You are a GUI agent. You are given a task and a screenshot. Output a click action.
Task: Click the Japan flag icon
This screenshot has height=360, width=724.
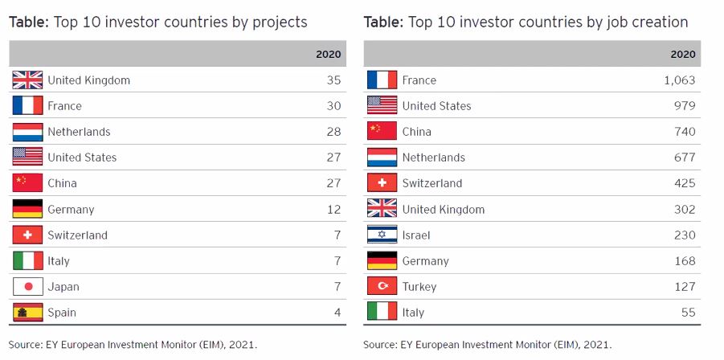tap(27, 287)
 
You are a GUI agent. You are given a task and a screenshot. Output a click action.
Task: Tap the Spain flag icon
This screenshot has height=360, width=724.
tap(27, 313)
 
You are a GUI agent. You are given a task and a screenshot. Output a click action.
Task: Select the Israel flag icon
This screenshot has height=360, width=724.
tap(382, 235)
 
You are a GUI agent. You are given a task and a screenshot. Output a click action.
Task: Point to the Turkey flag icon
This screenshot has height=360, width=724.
tap(382, 286)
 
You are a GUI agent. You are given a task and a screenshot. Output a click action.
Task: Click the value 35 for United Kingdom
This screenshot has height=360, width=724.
tap(333, 80)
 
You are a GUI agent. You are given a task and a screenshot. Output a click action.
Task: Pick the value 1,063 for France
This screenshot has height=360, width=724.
tap(679, 80)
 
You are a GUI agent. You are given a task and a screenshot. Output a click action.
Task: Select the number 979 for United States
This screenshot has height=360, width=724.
tap(684, 106)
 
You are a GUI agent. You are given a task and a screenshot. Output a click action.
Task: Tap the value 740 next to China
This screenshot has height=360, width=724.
tap(684, 132)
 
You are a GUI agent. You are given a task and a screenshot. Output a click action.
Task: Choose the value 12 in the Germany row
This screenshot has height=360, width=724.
tap(333, 209)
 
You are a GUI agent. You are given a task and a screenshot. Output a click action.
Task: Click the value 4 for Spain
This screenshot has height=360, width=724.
tap(337, 313)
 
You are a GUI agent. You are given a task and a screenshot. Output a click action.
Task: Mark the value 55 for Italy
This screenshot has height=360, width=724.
tap(688, 313)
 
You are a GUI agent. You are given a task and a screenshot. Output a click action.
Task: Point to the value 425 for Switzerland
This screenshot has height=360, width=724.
tap(684, 183)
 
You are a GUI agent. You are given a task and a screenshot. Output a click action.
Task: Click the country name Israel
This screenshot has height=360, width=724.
tap(416, 235)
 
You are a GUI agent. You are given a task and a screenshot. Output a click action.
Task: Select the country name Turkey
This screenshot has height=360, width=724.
tap(419, 287)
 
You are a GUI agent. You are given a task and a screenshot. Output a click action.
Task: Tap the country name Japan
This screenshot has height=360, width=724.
tap(63, 287)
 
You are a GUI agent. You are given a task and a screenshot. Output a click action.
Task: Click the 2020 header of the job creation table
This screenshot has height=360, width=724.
tap(682, 55)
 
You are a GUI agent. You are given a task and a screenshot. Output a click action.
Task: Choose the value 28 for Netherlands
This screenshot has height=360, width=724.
tap(333, 132)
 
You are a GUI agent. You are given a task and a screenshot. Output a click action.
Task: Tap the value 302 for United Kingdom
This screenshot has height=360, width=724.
tap(684, 209)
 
